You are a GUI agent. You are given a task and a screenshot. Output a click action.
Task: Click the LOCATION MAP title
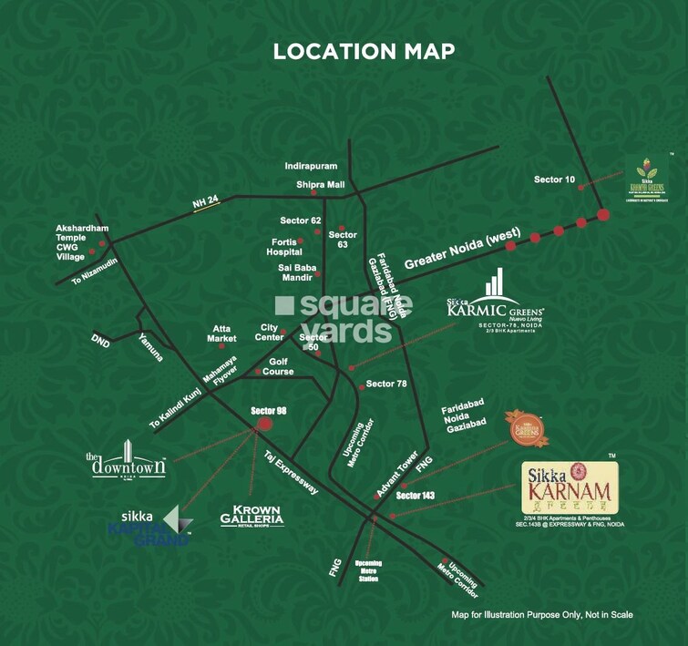[364, 51]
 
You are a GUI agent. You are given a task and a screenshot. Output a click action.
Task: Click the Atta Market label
[223, 333]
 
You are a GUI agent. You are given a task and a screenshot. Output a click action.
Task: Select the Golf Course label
[278, 366]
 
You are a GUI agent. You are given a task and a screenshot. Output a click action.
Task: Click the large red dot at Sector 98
[264, 423]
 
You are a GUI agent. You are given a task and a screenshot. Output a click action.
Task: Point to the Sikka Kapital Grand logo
[153, 526]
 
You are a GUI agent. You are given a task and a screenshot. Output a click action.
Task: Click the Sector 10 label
[554, 179]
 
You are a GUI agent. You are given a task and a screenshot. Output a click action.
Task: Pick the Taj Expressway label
[291, 471]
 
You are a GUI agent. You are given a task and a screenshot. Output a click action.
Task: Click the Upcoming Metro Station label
[368, 570]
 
